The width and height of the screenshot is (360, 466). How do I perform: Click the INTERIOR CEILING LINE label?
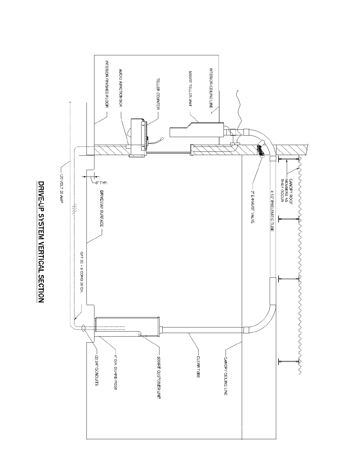pyautogui.click(x=211, y=88)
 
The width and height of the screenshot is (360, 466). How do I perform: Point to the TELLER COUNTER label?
pyautogui.click(x=158, y=94)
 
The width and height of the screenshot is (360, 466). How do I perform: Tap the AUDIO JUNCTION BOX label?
pyautogui.click(x=120, y=88)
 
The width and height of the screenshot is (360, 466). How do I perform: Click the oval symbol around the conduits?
pyautogui.click(x=84, y=328)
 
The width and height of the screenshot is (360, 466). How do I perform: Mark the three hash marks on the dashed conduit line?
pyautogui.click(x=74, y=209)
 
